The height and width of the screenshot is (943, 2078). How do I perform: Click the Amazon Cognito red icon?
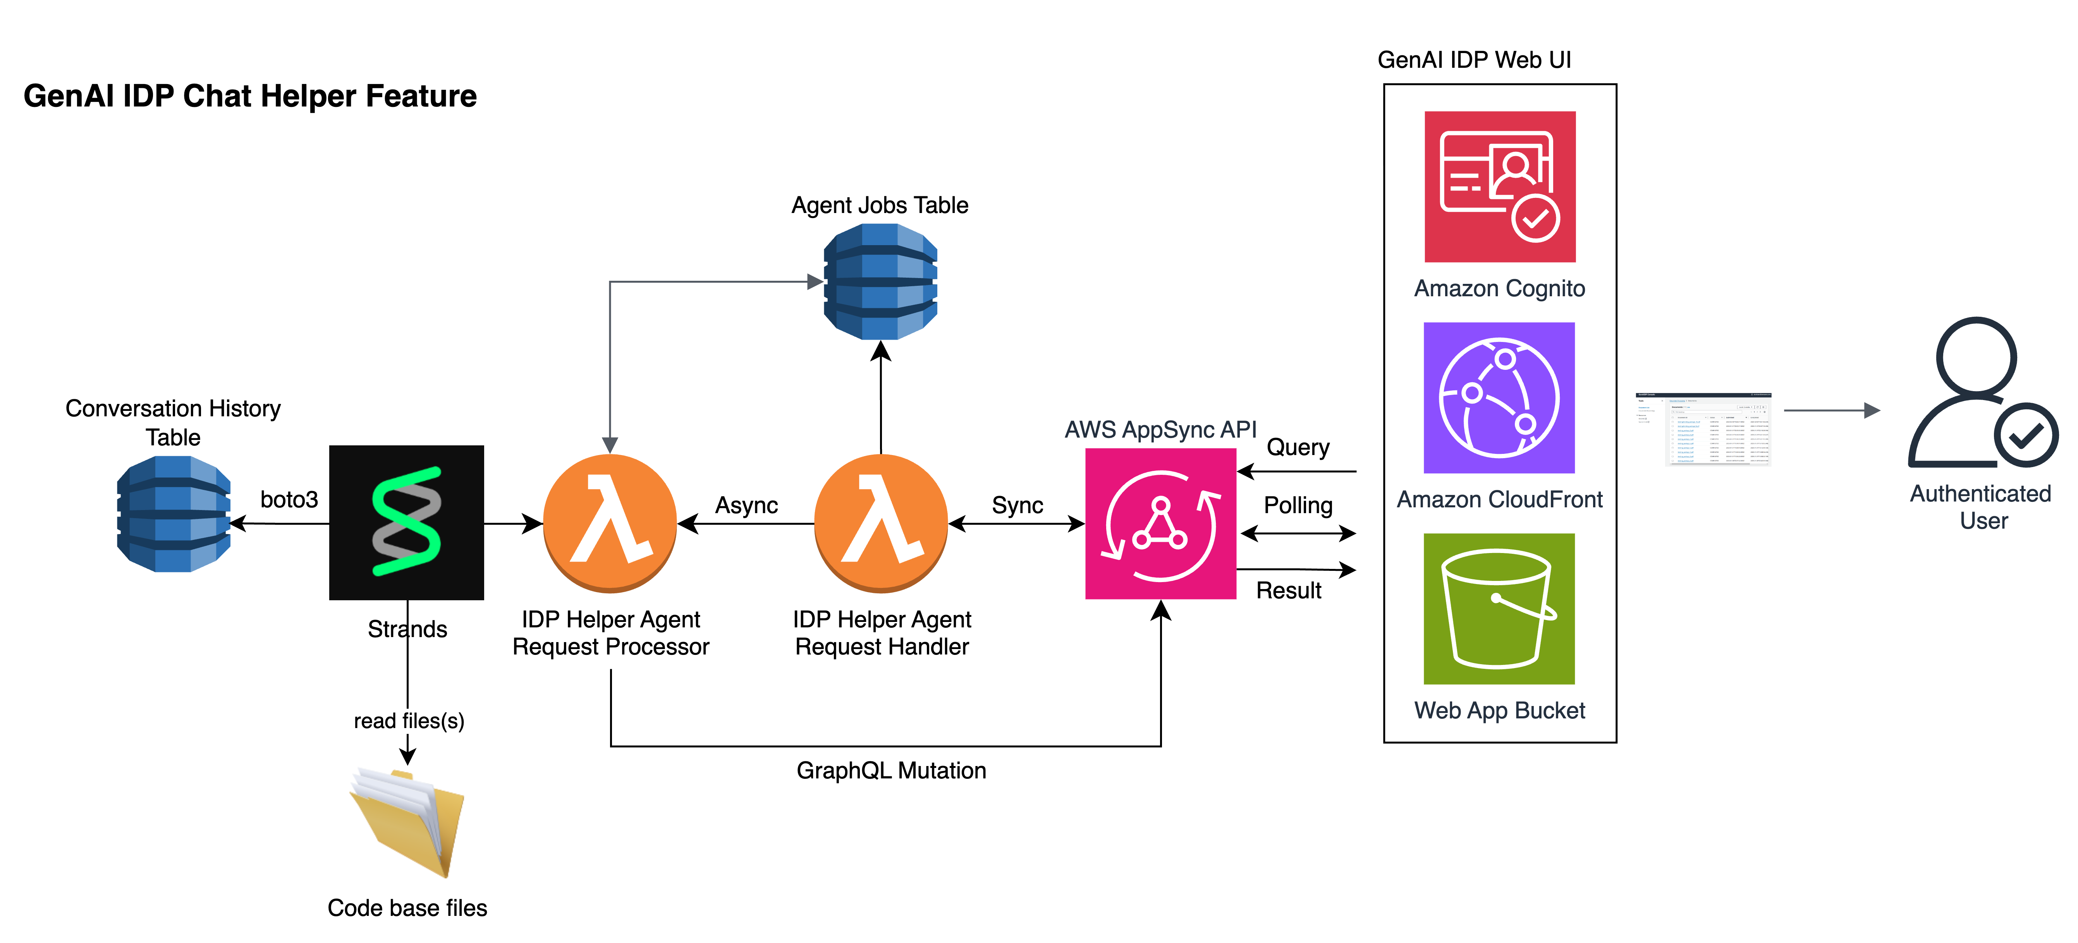(1500, 186)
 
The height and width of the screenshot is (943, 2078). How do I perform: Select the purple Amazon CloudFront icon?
(1499, 398)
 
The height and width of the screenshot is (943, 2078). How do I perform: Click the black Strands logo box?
(407, 522)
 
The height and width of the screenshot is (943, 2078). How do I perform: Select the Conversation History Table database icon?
(174, 514)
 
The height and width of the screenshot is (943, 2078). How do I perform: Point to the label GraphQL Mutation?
(890, 770)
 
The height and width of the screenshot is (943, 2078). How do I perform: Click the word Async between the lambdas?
(746, 505)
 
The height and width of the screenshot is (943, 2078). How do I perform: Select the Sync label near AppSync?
(1017, 505)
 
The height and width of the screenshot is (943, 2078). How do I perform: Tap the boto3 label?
(289, 499)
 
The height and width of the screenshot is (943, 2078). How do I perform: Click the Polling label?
(1298, 505)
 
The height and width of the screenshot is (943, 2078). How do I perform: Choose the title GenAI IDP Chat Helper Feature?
(250, 96)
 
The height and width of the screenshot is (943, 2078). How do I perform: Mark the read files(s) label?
(409, 720)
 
